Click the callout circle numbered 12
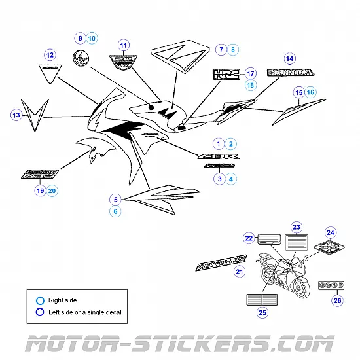(49, 56)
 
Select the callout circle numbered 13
(16, 116)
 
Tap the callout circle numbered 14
(289, 58)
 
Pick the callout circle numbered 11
(123, 45)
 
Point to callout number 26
(337, 301)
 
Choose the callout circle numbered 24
(331, 232)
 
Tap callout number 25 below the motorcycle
(262, 313)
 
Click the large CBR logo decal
(215, 157)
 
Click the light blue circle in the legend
(41, 300)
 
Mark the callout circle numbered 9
(80, 39)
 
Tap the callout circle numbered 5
(115, 199)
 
